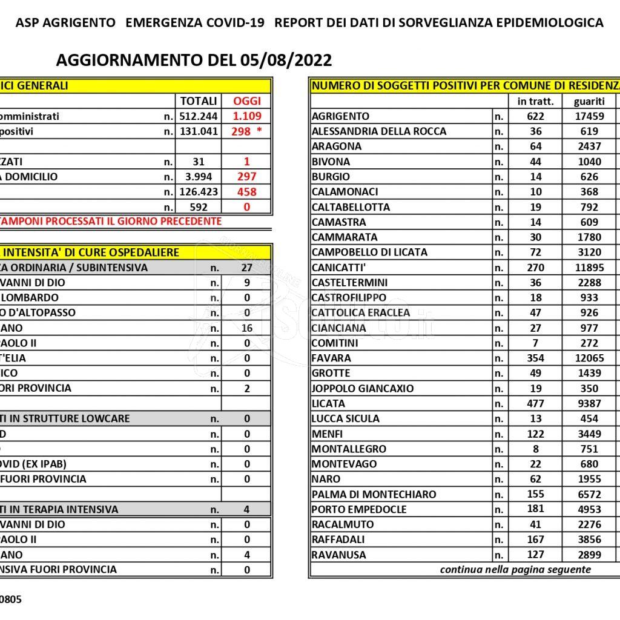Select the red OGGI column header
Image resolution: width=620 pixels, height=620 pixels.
(x=247, y=101)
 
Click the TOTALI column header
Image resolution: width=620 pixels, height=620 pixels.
(x=198, y=101)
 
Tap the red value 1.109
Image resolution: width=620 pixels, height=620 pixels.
(x=247, y=116)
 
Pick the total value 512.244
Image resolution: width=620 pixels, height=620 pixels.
(x=198, y=116)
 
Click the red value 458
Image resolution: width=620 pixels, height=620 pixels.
(x=247, y=192)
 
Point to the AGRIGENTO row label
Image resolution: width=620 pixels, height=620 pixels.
(x=340, y=116)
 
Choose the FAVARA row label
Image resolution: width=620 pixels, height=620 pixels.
(x=331, y=358)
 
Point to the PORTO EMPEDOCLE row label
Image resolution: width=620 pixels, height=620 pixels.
(x=359, y=510)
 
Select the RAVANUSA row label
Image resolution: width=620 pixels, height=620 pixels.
(x=338, y=555)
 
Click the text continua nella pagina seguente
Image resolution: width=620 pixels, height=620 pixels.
(x=515, y=570)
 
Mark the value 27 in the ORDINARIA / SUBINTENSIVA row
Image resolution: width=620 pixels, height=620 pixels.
(x=246, y=268)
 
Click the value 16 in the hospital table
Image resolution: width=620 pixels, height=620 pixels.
(x=246, y=328)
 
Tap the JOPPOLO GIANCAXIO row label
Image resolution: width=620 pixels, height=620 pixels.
(x=363, y=389)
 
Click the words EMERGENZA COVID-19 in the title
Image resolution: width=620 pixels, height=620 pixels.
(x=195, y=23)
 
